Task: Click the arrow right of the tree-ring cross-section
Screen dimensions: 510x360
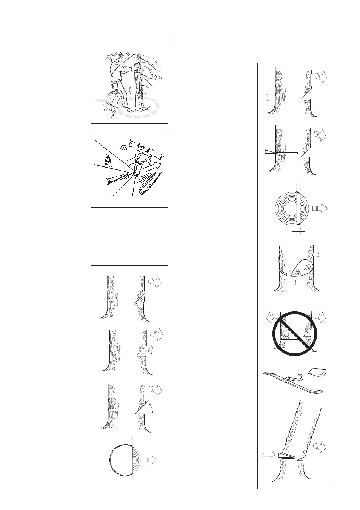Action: pyautogui.click(x=320, y=208)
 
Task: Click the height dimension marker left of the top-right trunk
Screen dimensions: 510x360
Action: pyautogui.click(x=268, y=97)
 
